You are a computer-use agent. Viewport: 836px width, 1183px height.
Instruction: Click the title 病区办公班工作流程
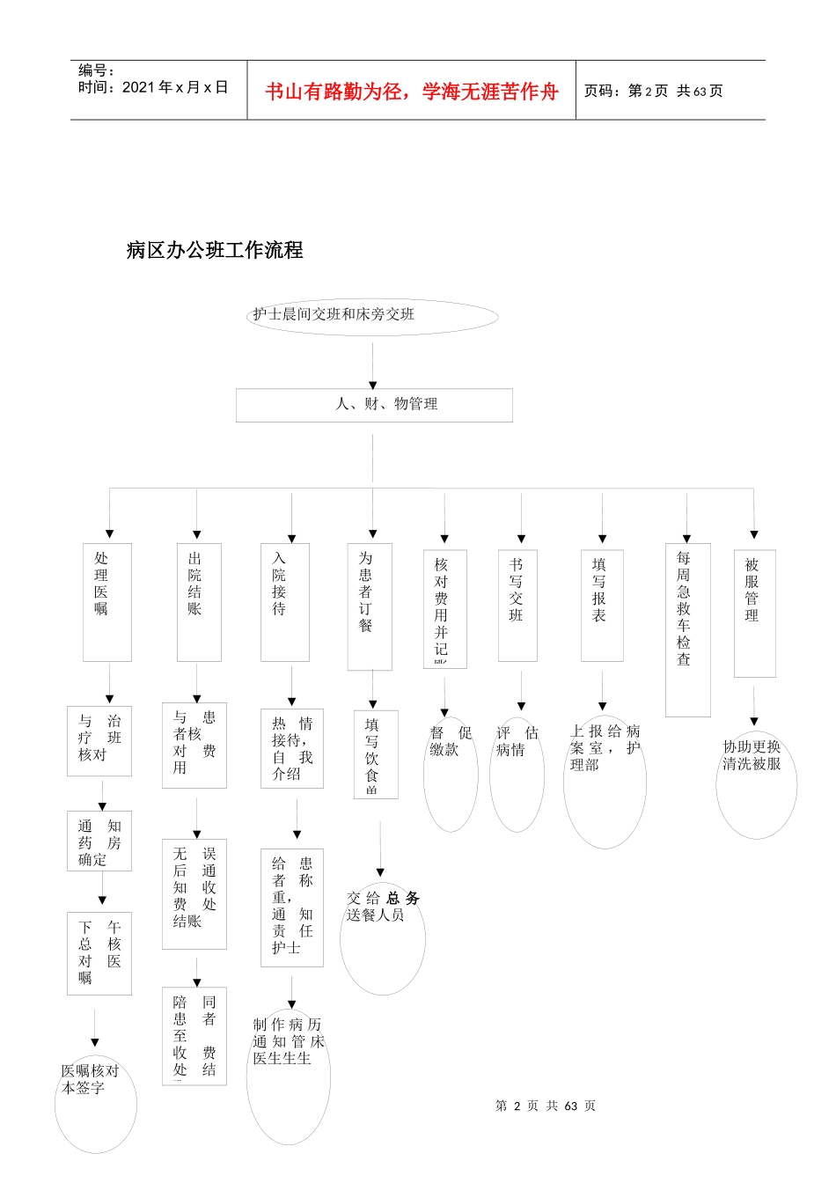coord(215,251)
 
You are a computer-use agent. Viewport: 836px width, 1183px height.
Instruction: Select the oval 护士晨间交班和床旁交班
coord(372,316)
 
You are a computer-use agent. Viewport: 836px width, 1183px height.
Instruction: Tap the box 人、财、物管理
coord(374,405)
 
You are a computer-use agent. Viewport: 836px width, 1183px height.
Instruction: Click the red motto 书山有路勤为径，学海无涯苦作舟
coord(412,92)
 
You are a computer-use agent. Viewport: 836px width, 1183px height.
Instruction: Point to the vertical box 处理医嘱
coord(106,601)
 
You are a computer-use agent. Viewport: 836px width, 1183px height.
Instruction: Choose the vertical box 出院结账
coord(198,601)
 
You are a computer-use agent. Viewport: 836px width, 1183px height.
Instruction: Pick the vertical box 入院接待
coord(284,601)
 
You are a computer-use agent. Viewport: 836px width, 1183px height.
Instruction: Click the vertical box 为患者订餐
coord(370,606)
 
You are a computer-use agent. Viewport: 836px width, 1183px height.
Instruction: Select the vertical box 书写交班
coord(517,605)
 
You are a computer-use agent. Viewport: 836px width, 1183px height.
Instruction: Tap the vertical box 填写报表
coord(602,605)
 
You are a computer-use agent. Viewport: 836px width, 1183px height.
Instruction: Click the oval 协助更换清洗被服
coord(755,783)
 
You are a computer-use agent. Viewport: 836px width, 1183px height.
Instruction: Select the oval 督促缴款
coord(451,773)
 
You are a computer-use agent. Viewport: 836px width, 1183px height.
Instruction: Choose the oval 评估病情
coord(517,773)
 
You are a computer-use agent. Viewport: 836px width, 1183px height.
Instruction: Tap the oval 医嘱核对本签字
coord(95,1102)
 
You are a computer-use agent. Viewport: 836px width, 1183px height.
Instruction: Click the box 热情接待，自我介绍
coord(292,748)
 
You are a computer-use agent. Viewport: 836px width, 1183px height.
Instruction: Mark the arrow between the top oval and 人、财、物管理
coord(373,364)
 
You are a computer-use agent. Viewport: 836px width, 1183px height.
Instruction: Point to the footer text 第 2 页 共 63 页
coord(546,1106)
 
